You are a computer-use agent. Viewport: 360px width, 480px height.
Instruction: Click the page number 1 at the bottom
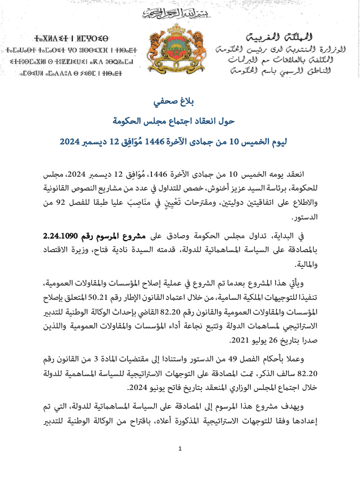pyautogui.click(x=180, y=450)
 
